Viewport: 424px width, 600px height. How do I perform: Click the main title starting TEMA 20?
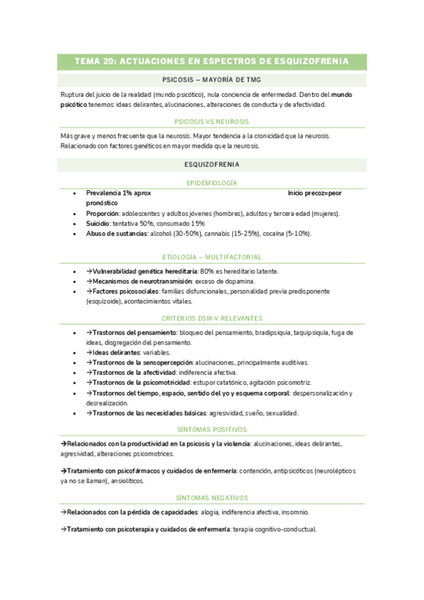pyautogui.click(x=212, y=62)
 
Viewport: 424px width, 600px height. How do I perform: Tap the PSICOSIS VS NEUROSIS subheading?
pyautogui.click(x=212, y=122)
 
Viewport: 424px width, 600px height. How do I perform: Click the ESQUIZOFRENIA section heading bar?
pyautogui.click(x=212, y=165)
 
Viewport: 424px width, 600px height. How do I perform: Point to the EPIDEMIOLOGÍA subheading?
pyautogui.click(x=212, y=183)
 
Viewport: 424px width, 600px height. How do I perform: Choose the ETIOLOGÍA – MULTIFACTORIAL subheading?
pyautogui.click(x=212, y=257)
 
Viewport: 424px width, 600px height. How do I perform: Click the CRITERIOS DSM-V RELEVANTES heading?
pyautogui.click(x=212, y=318)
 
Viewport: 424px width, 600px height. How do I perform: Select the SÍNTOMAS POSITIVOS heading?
pyautogui.click(x=212, y=429)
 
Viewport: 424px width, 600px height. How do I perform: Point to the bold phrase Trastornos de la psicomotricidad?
pyautogui.click(x=144, y=383)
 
